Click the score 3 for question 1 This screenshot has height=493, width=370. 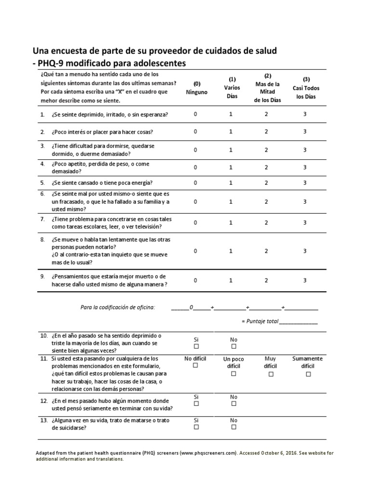304,114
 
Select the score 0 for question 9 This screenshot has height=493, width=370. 195,280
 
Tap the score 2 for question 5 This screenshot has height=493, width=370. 266,182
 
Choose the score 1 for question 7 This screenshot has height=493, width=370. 231,222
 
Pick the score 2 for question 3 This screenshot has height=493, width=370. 266,150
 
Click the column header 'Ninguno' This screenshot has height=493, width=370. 196,92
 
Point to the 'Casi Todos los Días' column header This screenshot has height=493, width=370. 306,88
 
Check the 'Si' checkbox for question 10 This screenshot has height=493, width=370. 196,347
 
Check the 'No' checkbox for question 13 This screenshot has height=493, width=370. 234,428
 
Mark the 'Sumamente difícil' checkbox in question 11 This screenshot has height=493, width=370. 308,374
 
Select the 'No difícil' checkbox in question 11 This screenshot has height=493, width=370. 196,366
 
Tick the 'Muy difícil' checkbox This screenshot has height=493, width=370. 270,374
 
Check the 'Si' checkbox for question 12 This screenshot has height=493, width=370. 196,404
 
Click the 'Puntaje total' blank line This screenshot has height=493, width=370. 298,322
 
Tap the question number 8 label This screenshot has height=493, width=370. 42,239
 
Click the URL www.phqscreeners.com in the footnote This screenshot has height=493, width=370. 209,453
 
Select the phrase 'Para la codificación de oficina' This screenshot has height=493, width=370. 118,307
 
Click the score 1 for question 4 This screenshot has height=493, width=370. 231,167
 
